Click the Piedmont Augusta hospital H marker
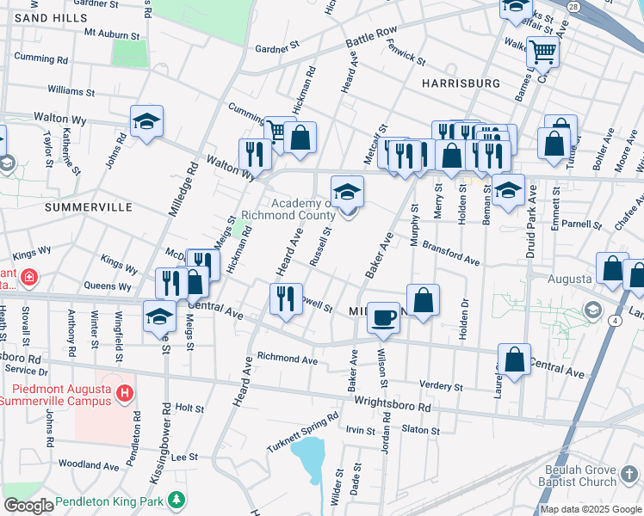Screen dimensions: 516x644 point(125,393)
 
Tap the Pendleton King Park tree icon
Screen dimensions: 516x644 point(176,500)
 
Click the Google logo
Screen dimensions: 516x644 point(28,505)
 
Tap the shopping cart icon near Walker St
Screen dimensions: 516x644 point(542,52)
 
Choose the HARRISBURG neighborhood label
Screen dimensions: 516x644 point(461,83)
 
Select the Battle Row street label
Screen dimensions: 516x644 point(371,37)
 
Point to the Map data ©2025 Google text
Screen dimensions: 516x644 point(591,509)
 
